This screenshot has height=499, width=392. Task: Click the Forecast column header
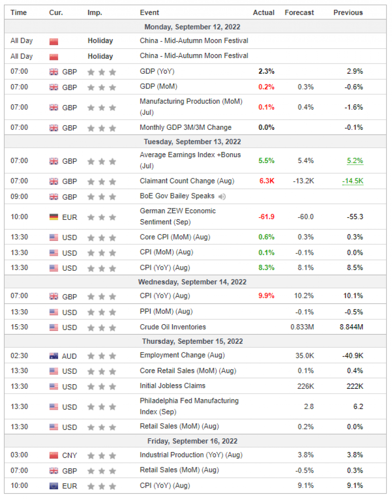click(299, 13)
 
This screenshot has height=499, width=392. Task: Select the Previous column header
click(348, 13)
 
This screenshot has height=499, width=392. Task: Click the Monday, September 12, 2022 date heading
click(192, 27)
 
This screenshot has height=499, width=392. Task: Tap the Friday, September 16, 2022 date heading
click(192, 441)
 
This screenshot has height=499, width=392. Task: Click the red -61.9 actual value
click(266, 217)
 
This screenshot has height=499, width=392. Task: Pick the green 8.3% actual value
click(266, 268)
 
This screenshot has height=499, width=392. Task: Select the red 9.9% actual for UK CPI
click(266, 296)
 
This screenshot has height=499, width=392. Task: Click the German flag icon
click(54, 217)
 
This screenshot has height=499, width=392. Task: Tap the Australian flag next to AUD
click(54, 356)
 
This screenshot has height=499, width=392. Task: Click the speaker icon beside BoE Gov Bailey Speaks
click(222, 197)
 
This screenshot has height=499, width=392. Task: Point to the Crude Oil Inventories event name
click(172, 327)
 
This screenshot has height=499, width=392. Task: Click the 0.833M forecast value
click(302, 327)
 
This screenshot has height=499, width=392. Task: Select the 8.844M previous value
click(351, 327)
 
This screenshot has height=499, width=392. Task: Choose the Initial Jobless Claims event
click(172, 386)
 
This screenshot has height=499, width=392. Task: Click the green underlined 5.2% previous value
click(355, 161)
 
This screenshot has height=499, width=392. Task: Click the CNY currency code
click(69, 455)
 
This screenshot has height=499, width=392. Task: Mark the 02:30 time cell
click(19, 356)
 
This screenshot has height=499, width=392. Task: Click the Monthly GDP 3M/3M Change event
click(185, 127)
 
